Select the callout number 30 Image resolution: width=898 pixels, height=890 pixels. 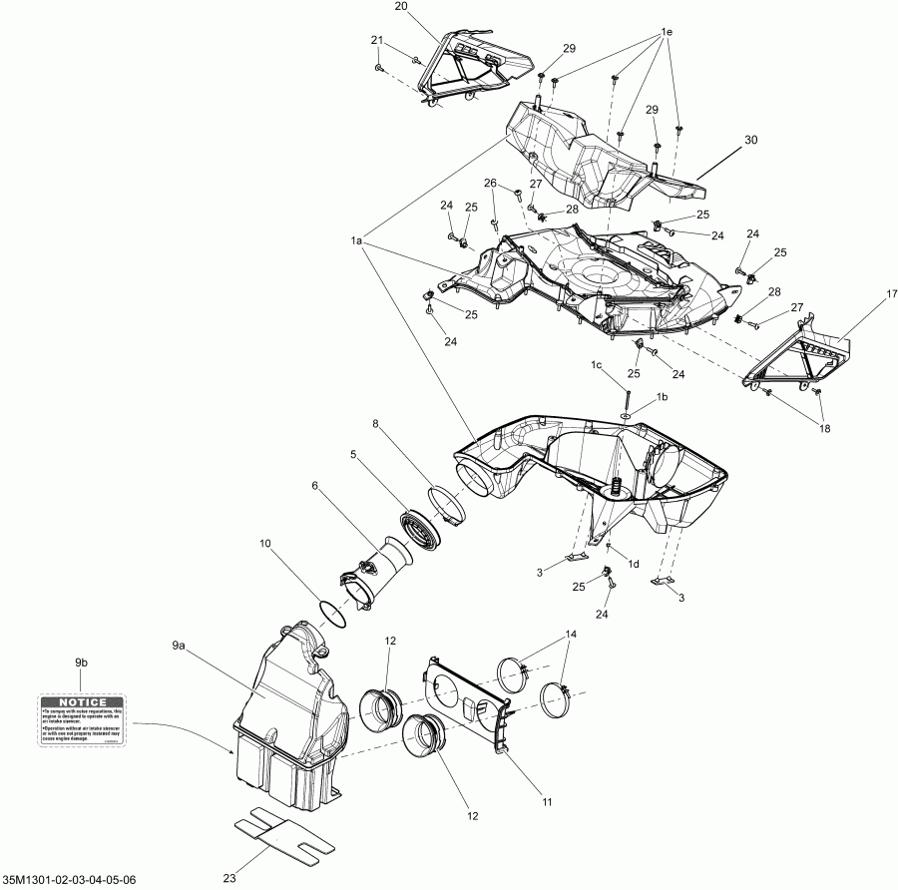tap(751, 140)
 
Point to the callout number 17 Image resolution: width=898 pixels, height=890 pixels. tap(864, 295)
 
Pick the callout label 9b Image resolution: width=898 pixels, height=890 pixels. tap(80, 662)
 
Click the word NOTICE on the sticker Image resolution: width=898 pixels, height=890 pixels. tap(80, 702)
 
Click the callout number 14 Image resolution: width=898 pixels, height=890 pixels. tap(571, 635)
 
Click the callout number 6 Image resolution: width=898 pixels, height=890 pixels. tap(315, 486)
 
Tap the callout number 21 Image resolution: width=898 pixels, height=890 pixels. tap(377, 40)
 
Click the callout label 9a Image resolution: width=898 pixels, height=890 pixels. tap(179, 647)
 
